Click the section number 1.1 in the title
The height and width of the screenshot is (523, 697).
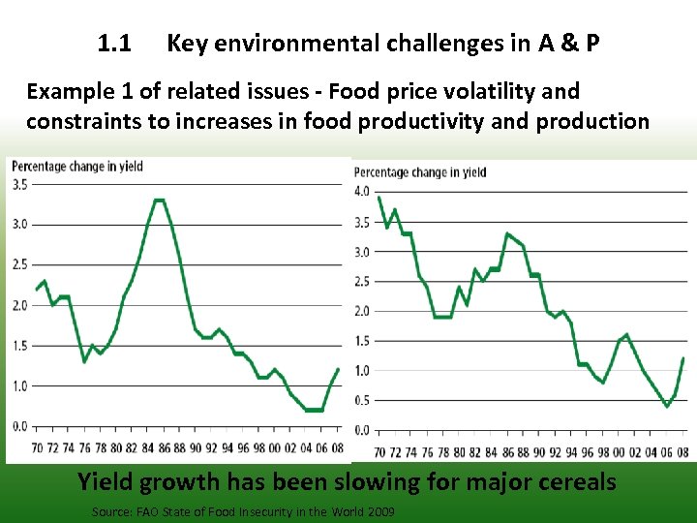click(x=115, y=44)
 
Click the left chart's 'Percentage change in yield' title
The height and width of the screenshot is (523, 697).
click(x=77, y=167)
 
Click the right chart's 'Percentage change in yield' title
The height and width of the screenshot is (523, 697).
click(x=420, y=172)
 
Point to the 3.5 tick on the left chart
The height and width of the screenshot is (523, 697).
click(x=19, y=184)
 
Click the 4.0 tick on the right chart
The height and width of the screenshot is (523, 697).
click(x=362, y=191)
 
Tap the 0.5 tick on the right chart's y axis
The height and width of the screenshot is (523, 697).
click(x=362, y=401)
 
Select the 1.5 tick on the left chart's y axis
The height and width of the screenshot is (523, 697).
click(x=19, y=346)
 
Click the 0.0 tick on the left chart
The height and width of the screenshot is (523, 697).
click(x=19, y=426)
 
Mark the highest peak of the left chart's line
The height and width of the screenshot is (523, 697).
click(x=159, y=200)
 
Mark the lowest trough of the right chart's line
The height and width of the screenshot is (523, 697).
click(x=666, y=406)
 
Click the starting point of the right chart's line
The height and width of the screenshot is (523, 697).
click(x=379, y=198)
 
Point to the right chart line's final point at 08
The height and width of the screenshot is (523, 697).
click(x=683, y=358)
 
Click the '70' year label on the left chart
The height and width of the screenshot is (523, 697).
click(x=37, y=448)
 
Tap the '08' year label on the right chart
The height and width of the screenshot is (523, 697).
click(x=683, y=451)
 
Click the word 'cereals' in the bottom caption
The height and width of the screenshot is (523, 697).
click(x=577, y=481)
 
